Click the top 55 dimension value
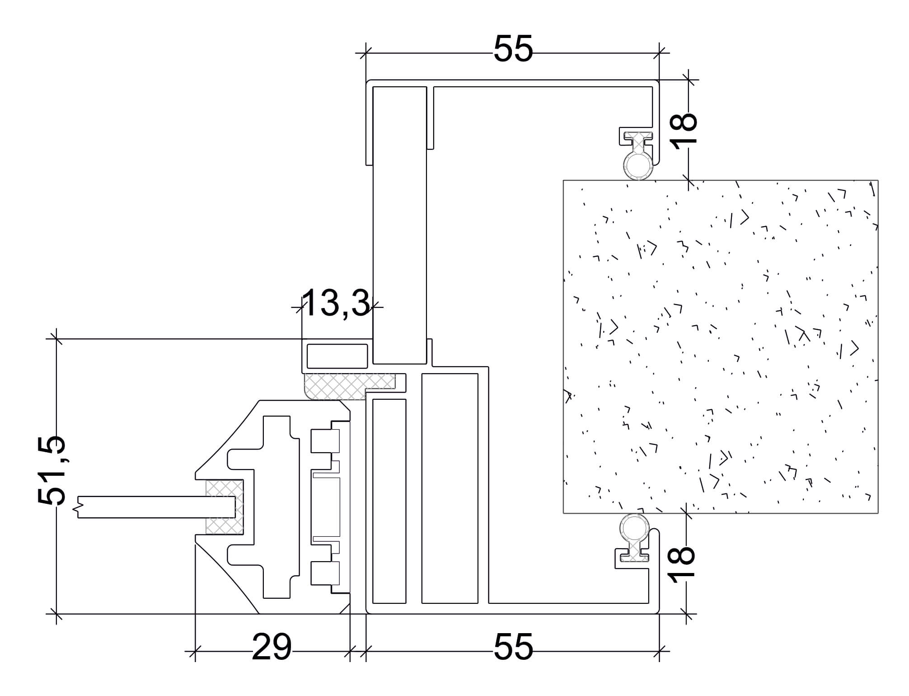point(513,49)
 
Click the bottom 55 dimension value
point(513,647)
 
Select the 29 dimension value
point(272,647)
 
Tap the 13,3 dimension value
point(336,303)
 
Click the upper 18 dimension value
point(684,129)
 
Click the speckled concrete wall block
point(720,346)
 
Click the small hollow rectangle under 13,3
point(337,356)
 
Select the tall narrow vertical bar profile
point(399,225)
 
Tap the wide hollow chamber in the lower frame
point(450,488)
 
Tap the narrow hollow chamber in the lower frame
point(389,501)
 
